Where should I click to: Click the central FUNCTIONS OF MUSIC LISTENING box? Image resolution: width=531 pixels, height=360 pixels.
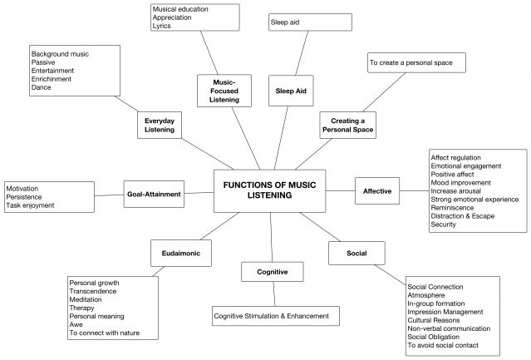coord(269,190)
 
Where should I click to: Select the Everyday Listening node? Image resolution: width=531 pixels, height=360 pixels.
coord(159,126)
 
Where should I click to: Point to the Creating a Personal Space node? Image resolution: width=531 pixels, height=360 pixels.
coord(347,125)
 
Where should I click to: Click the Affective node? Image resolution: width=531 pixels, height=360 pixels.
coord(376,191)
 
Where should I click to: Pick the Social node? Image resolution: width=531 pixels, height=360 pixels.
coord(346,251)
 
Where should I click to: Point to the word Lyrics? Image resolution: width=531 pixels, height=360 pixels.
coord(162,26)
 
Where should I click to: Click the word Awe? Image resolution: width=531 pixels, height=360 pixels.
coord(76,324)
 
